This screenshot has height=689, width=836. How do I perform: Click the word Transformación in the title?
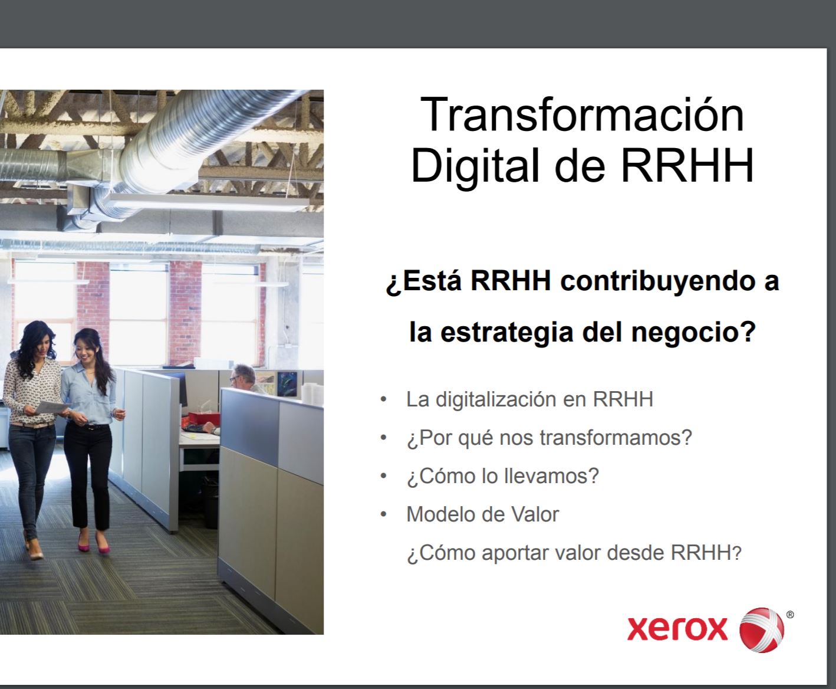click(582, 114)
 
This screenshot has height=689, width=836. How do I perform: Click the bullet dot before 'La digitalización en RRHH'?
click(384, 399)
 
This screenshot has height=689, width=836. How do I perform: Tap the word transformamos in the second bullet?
click(610, 438)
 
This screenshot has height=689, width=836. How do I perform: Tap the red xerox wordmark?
click(677, 628)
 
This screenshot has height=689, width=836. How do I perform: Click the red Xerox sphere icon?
click(762, 629)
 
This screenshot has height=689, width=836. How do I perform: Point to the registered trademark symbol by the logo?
click(790, 615)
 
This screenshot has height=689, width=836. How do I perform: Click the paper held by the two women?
click(51, 407)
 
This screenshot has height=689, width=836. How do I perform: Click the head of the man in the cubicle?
click(242, 375)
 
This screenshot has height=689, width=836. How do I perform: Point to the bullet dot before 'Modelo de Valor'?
click(384, 515)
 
